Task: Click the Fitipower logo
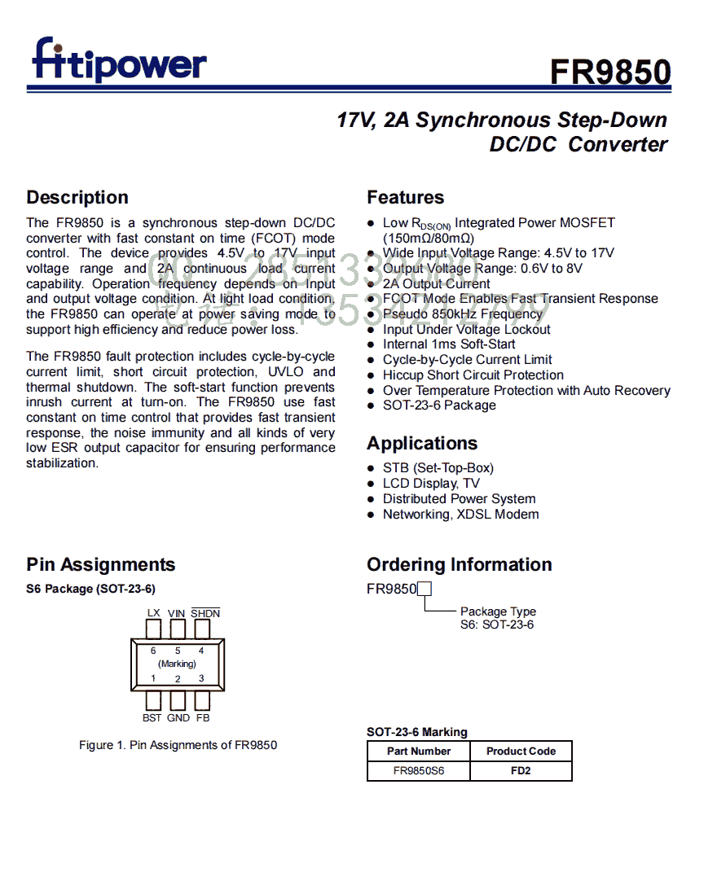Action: coord(119,60)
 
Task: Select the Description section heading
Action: coord(77,197)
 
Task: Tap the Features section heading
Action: coord(405,197)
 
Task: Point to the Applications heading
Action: coord(422,443)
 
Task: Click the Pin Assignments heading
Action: coord(100,564)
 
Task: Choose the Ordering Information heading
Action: coord(459,564)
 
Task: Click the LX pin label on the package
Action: coord(153,612)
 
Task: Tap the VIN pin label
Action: coord(177,612)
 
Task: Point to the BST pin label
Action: coord(152,718)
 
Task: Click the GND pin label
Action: coord(178,718)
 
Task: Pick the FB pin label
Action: coord(203,718)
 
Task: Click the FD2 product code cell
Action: coord(521,770)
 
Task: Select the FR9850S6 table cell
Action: coord(419,770)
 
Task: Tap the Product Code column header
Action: coord(521,751)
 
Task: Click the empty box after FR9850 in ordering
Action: coord(424,589)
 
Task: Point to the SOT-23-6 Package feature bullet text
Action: coord(439,405)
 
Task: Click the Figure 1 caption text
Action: coord(178,744)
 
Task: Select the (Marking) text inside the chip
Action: coord(177,664)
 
